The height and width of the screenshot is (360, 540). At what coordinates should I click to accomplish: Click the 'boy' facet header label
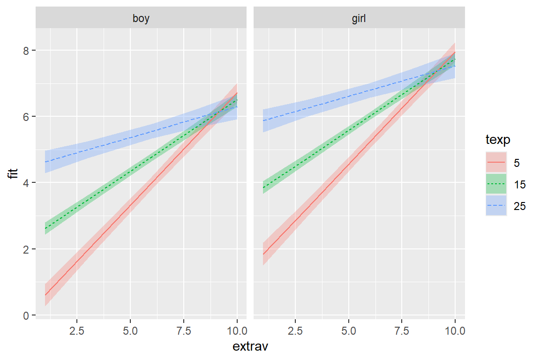point(141,19)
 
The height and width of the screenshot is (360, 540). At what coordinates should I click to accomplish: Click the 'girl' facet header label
point(359,19)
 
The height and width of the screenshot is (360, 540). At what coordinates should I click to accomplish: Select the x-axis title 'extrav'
point(250,347)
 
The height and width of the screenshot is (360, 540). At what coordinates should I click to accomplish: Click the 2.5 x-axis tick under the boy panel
point(77,331)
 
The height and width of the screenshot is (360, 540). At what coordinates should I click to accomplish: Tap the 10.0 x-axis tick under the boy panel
point(237,331)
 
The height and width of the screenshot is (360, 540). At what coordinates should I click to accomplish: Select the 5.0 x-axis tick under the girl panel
point(348,331)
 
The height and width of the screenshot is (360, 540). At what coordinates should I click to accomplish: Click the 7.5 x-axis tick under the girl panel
point(402,331)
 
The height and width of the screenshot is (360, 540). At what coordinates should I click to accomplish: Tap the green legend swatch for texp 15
point(496,184)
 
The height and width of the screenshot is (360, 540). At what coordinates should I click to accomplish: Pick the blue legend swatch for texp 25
point(496,206)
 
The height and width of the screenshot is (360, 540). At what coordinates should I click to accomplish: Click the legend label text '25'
point(519,206)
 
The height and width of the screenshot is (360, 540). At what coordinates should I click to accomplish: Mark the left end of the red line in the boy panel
point(45,295)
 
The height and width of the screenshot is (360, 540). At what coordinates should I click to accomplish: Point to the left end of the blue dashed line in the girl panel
point(263,120)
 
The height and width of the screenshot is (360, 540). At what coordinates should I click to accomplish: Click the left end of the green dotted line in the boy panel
point(45,228)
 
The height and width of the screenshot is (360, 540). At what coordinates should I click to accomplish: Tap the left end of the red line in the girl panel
point(263,254)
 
